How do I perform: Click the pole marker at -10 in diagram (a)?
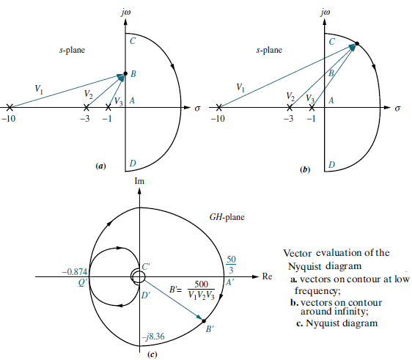pos(10,107)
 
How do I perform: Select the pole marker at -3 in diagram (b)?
pos(290,107)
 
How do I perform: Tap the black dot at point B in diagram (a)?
pos(125,73)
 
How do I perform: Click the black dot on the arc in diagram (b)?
pos(357,43)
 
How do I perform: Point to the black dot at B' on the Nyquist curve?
pos(204,321)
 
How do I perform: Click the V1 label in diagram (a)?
pos(39,89)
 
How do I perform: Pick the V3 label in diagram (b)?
pos(310,98)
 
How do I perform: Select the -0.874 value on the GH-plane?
pos(75,272)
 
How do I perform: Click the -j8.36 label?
pos(153,336)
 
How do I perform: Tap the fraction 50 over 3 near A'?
pos(231,265)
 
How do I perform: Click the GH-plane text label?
pos(227,217)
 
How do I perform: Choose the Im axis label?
pos(139,181)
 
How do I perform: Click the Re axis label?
pos(267,276)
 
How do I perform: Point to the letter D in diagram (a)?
pos(133,164)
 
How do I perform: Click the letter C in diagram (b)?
pos(332,41)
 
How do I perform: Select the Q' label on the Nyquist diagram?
pos(83,282)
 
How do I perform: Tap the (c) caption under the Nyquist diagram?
pos(152,354)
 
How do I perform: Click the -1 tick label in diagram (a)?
pos(107,119)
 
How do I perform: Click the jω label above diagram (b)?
pos(325,12)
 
